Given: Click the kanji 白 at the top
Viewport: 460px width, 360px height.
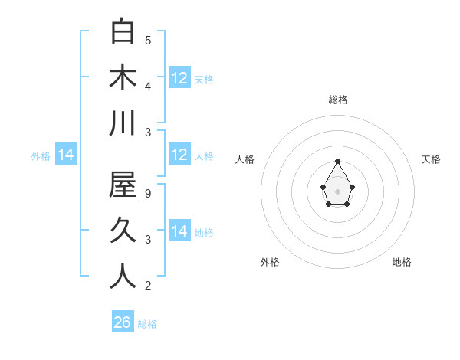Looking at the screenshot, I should [x=123, y=32].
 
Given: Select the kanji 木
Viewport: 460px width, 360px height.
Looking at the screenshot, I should [x=123, y=77].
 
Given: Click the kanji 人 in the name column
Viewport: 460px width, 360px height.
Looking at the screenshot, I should [x=123, y=277].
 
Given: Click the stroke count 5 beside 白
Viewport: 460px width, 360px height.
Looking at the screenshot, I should [x=148, y=40].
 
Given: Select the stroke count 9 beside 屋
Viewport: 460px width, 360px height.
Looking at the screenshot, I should [x=148, y=194].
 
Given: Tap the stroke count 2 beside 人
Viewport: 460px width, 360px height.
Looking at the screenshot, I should [x=148, y=286].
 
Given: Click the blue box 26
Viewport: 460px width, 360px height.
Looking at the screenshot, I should [x=123, y=322].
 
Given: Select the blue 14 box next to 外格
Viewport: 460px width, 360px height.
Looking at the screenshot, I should [x=66, y=155].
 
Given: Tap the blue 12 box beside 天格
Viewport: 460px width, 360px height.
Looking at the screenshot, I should [x=179, y=77].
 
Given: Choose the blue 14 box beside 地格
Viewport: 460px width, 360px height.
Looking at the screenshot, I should [x=179, y=231].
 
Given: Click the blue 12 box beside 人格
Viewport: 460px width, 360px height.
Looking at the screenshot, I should [x=179, y=155].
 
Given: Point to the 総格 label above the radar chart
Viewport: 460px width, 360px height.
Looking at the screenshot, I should [x=337, y=100].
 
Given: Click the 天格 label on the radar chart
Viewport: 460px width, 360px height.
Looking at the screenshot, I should [x=432, y=159].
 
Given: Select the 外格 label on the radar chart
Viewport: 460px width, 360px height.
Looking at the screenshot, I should [x=270, y=262].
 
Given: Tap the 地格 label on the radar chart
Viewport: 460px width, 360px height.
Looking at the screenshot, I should [x=402, y=262].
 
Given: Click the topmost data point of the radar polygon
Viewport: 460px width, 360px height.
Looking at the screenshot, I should [x=337, y=161].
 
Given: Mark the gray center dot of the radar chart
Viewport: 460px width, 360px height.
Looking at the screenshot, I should [x=337, y=191].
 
